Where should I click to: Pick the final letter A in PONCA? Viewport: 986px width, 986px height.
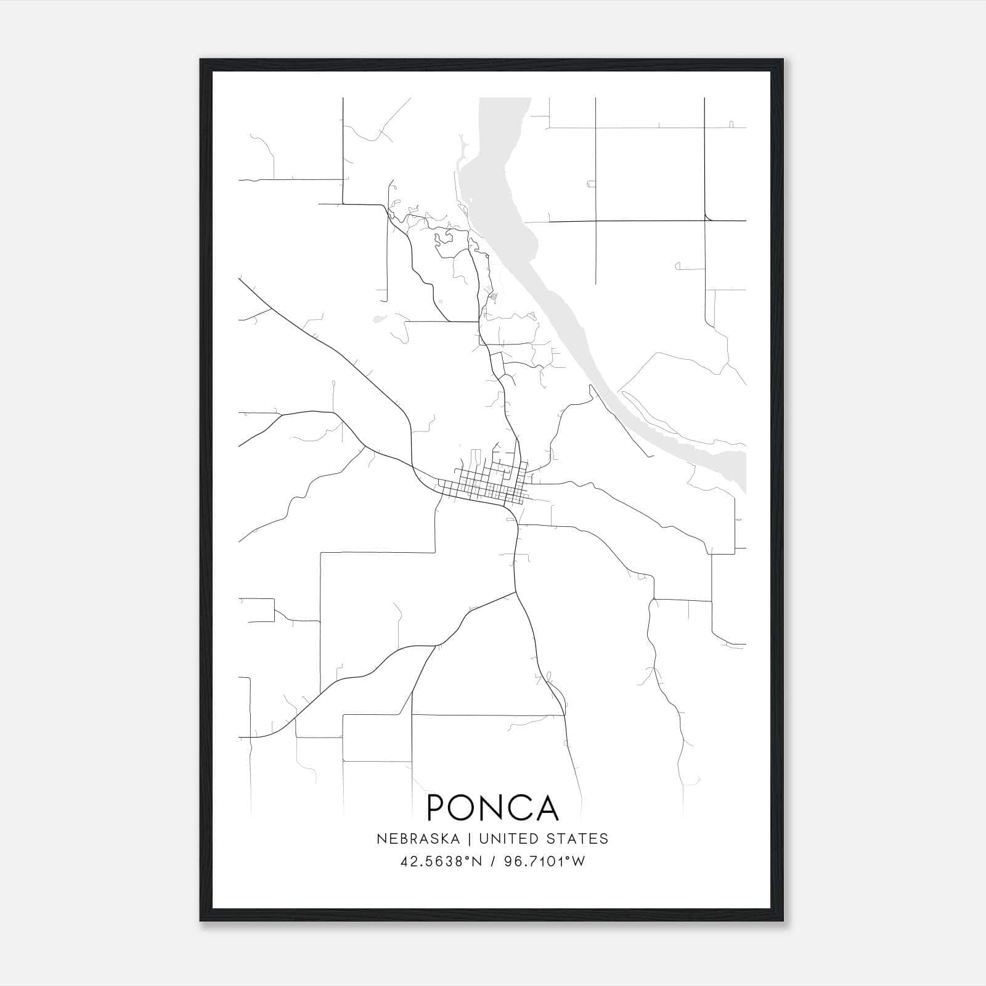[548, 808]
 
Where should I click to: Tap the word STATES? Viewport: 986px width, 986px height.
[580, 839]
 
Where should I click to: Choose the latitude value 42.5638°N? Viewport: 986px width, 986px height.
[437, 862]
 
